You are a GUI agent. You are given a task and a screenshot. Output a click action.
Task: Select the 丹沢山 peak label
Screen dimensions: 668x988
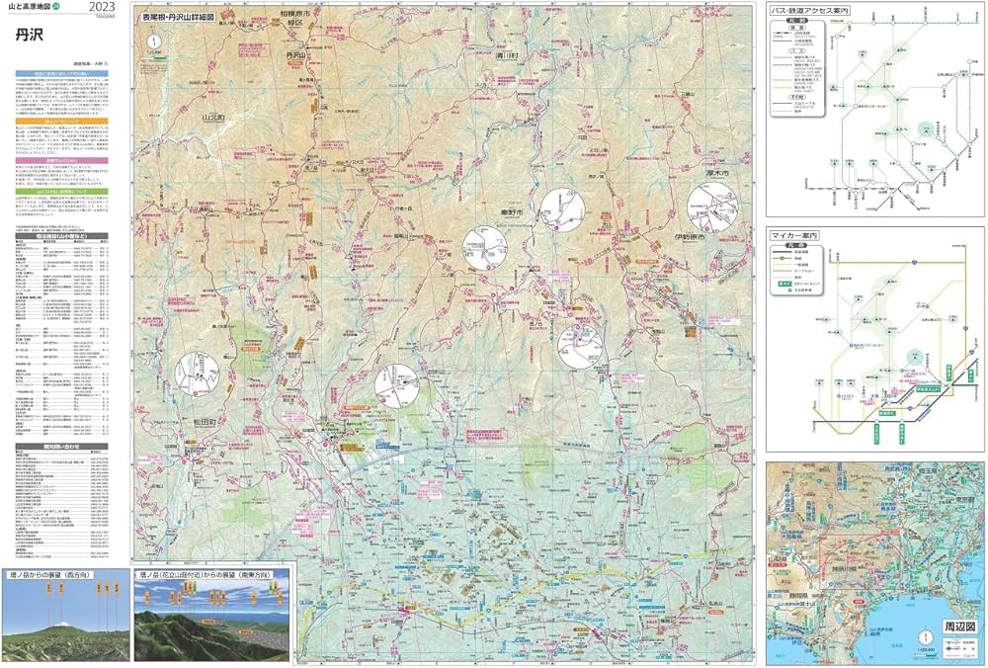point(297,56)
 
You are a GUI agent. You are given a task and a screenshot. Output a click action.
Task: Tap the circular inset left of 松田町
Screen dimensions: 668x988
point(197,374)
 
